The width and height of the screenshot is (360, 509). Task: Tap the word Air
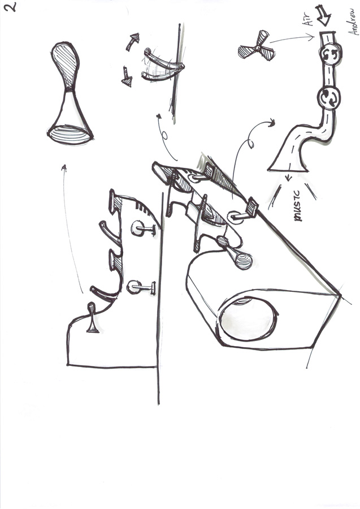click(308, 19)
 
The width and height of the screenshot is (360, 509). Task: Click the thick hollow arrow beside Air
click(323, 15)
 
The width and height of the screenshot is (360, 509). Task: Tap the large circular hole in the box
click(248, 317)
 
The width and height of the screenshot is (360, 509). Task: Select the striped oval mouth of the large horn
click(71, 135)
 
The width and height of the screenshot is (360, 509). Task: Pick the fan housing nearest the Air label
click(330, 54)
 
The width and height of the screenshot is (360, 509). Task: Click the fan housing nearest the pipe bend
click(328, 98)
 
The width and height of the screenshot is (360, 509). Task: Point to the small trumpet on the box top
click(236, 253)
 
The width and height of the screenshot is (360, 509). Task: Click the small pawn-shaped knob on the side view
click(93, 317)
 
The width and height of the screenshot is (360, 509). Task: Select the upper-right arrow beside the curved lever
click(133, 42)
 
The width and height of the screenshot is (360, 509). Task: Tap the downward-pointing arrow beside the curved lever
click(127, 77)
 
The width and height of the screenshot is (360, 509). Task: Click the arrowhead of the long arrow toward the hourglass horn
click(64, 167)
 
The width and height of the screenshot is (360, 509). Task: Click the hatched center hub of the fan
click(258, 48)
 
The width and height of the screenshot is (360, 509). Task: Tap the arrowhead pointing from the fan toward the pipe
click(311, 38)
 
